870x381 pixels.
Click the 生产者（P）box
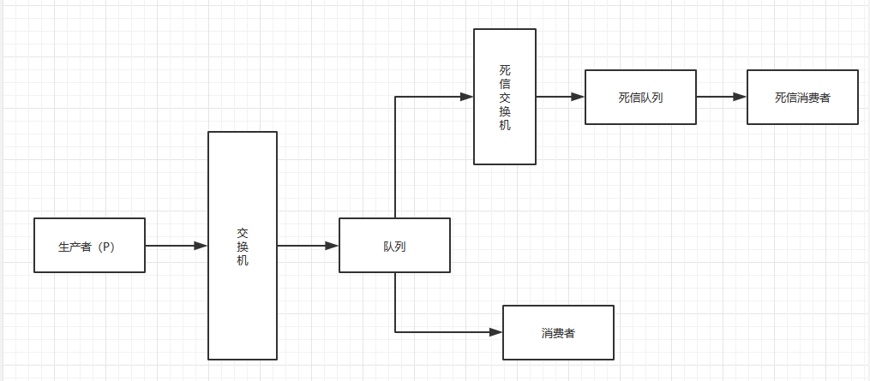point(89,246)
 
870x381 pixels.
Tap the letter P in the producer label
point(105,247)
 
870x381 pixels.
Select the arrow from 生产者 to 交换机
point(176,246)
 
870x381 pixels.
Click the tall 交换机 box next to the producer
point(243,246)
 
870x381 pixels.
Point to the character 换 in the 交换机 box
point(243,246)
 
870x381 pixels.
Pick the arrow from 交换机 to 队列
point(307,246)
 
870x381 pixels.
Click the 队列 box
point(394,246)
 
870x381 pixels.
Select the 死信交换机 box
point(505,96)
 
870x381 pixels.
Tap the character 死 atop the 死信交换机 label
point(505,69)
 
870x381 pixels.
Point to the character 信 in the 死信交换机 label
point(505,83)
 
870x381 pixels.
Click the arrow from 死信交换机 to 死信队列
point(560,97)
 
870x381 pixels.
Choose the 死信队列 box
point(640,97)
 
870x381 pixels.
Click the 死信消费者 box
point(802,97)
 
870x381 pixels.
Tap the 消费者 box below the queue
point(558,332)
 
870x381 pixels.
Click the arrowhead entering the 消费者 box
point(495,332)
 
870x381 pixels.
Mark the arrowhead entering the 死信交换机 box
point(467,97)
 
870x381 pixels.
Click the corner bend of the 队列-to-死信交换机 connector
point(395,97)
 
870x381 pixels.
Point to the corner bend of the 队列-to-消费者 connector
point(395,332)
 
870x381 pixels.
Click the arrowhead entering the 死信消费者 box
point(741,97)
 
